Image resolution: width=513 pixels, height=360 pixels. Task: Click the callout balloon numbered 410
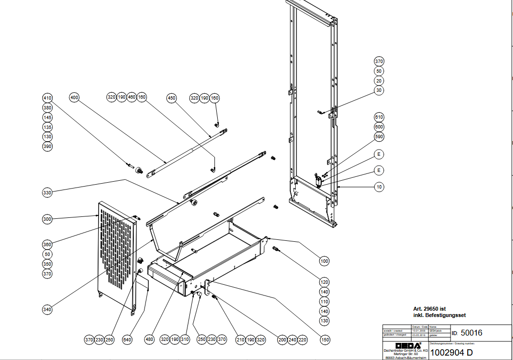[x=47, y=98]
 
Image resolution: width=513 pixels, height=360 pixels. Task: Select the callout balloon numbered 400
[x=74, y=97]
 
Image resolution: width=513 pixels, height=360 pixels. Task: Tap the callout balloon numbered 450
[x=171, y=98]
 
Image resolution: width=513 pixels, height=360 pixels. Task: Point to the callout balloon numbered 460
[x=132, y=97]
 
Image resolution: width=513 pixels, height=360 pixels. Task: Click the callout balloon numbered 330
[x=47, y=193]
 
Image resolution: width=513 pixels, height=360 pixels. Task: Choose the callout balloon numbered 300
[x=47, y=219]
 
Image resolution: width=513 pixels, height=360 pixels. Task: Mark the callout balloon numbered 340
[x=47, y=309]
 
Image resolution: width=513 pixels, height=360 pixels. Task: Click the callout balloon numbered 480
[x=149, y=339]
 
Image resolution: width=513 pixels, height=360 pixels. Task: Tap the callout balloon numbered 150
[x=325, y=339]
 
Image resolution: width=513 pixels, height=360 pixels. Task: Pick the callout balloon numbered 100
[x=325, y=261]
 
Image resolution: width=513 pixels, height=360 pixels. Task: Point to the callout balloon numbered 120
[x=325, y=282]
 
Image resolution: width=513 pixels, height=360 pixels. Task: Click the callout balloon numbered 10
[x=379, y=187]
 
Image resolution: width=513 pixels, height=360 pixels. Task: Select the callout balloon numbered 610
[x=379, y=117]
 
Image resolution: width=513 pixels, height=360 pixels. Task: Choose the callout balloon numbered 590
[x=379, y=136]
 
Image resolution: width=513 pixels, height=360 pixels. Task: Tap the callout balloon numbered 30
[x=379, y=90]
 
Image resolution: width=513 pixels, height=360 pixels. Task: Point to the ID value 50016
[x=472, y=333]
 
